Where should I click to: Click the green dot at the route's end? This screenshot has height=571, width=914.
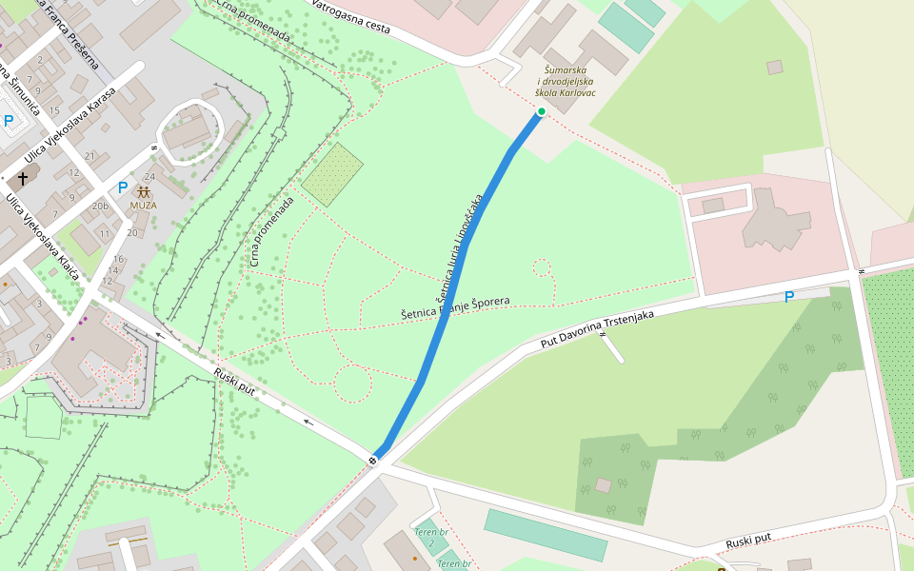pos(541,112)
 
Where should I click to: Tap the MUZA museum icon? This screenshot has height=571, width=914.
pos(144,192)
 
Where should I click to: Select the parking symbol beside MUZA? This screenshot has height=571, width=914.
pos(122,187)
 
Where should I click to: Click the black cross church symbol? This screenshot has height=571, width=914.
pos(23,178)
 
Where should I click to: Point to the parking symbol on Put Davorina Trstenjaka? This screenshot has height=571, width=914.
pos(788,297)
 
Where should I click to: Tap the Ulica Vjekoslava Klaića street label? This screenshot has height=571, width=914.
pos(44,236)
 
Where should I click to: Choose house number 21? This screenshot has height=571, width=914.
pos(89,156)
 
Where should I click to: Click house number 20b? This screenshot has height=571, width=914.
pos(100,206)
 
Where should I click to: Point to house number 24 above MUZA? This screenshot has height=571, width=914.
pos(149,177)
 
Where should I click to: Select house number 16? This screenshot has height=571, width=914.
pos(118,259)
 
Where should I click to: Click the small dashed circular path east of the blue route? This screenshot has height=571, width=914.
pos(542,267)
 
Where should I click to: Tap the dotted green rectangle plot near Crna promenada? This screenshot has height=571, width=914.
pos(332,174)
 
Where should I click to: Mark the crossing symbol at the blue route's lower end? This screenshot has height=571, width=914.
pos(373,462)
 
